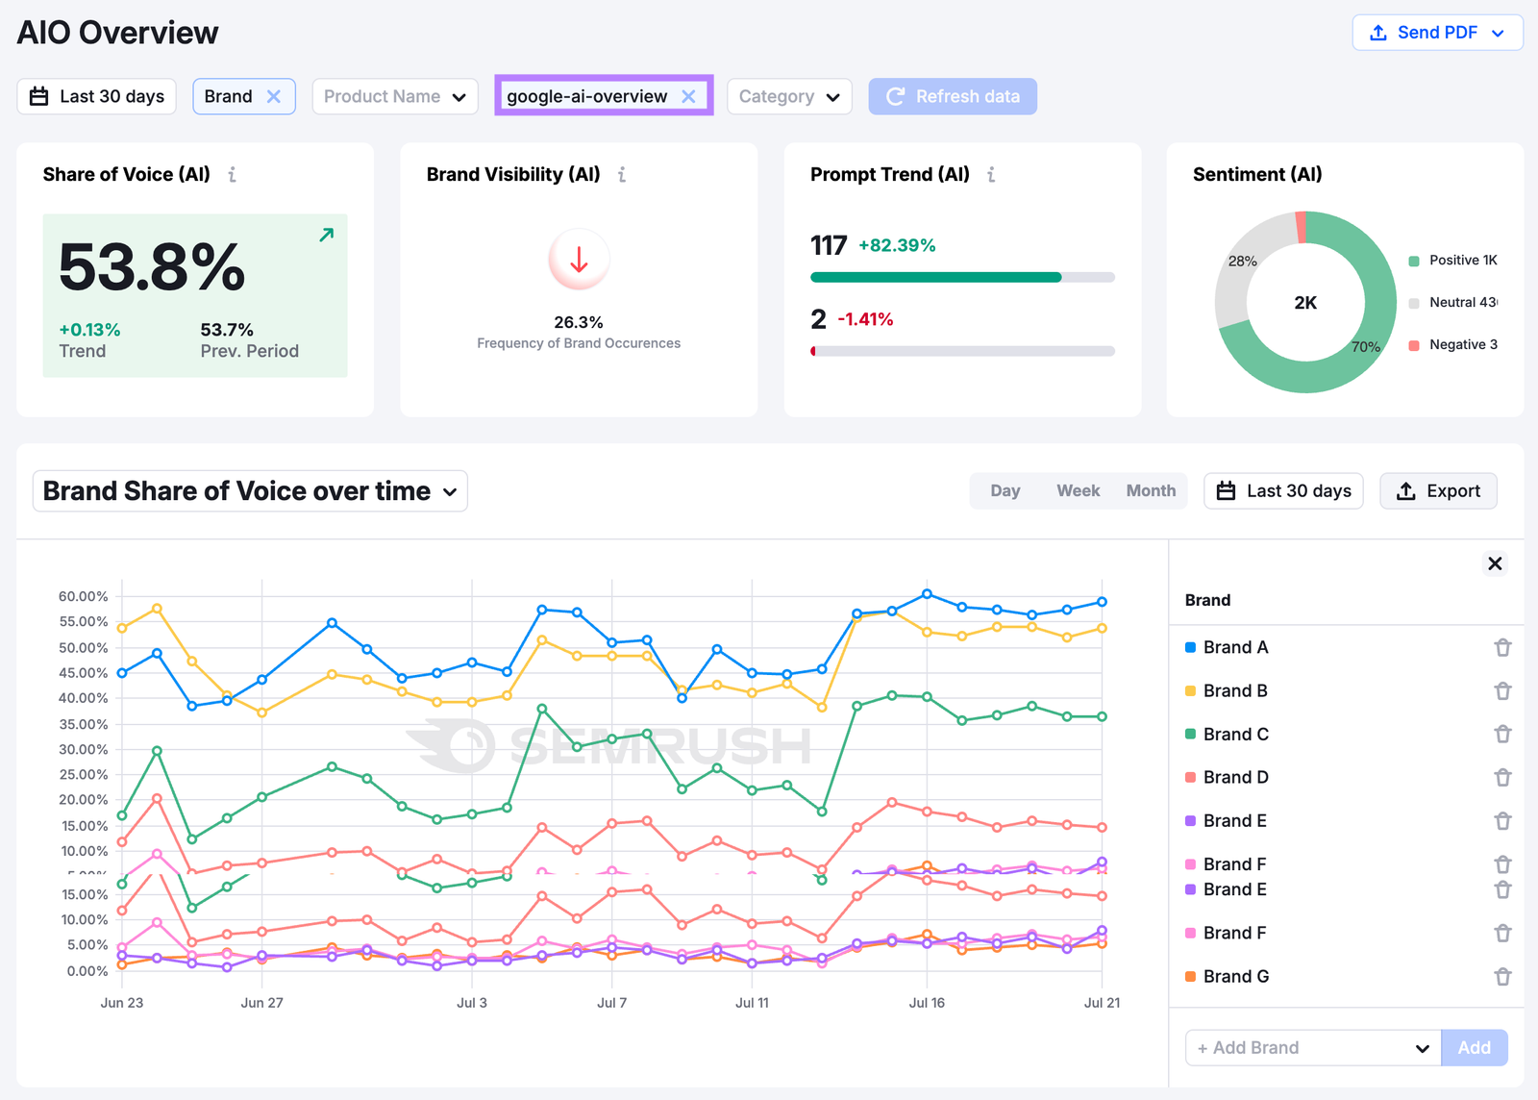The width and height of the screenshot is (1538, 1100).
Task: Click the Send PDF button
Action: pyautogui.click(x=1437, y=33)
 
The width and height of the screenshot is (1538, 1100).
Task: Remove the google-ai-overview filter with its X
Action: pyautogui.click(x=688, y=96)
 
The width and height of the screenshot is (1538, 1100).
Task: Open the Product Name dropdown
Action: pyautogui.click(x=394, y=96)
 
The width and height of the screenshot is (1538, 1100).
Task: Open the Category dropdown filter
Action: pyautogui.click(x=789, y=96)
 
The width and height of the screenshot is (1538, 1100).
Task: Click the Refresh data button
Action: pyautogui.click(x=953, y=96)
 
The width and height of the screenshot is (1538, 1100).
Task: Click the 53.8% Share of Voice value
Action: pyautogui.click(x=152, y=267)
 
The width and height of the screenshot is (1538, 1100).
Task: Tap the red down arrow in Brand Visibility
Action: pyautogui.click(x=579, y=260)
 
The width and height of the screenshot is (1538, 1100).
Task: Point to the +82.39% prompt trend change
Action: pyautogui.click(x=897, y=245)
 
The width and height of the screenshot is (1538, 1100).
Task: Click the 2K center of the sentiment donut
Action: pyautogui.click(x=1305, y=303)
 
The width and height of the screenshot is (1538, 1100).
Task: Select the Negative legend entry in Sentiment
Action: pyautogui.click(x=1461, y=344)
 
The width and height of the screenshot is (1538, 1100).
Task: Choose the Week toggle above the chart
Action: pyautogui.click(x=1078, y=490)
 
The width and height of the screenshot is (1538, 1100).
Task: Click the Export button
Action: pyautogui.click(x=1438, y=490)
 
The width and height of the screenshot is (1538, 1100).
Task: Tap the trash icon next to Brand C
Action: pyautogui.click(x=1502, y=734)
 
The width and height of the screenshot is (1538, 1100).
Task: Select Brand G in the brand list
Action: pyautogui.click(x=1235, y=976)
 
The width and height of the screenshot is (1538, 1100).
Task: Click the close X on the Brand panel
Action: pyautogui.click(x=1495, y=563)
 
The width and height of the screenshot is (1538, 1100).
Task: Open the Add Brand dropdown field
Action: pyautogui.click(x=1313, y=1047)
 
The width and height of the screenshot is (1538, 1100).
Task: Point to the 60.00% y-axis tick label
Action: pyautogui.click(x=83, y=596)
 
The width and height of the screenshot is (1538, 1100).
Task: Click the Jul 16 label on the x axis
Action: pyautogui.click(x=927, y=1002)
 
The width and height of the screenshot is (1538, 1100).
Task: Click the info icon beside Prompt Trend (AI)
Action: pyautogui.click(x=991, y=174)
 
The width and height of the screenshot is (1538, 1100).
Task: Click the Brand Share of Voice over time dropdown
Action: pyautogui.click(x=250, y=490)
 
